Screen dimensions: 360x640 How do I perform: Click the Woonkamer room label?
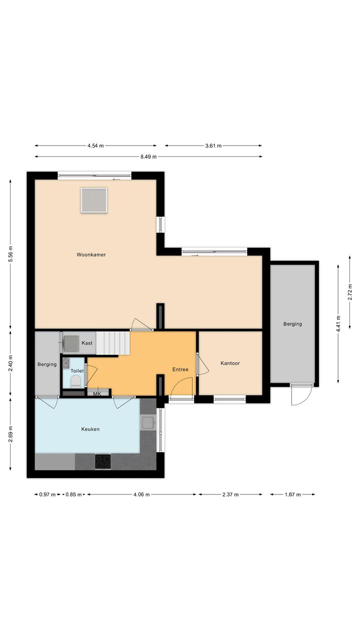coord(91,255)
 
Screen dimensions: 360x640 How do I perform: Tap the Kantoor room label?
coord(230,363)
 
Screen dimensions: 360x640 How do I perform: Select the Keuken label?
coord(90,429)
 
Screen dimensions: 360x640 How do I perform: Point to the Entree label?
coord(180,369)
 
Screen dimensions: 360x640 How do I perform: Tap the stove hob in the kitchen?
coord(103,461)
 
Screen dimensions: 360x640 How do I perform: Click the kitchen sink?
coord(148,422)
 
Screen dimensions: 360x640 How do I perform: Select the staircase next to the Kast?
coord(113,343)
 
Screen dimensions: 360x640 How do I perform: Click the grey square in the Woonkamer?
coord(94,200)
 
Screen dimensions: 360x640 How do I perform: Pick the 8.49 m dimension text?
coord(148,157)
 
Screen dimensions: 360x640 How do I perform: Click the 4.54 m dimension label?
coord(95,146)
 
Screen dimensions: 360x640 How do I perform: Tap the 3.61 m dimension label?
coord(213,146)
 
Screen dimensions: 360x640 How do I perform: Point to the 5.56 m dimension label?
coord(10,254)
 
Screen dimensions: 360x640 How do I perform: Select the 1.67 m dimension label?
coord(292,494)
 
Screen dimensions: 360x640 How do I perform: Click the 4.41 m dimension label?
coord(338,323)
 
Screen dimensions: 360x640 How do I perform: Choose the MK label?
coord(97,394)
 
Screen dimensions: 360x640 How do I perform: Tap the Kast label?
coord(87,343)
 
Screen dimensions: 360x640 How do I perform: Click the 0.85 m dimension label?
coord(73,494)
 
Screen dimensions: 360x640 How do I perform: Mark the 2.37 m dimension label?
coord(230,494)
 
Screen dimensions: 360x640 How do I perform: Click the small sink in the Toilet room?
coord(66,363)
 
